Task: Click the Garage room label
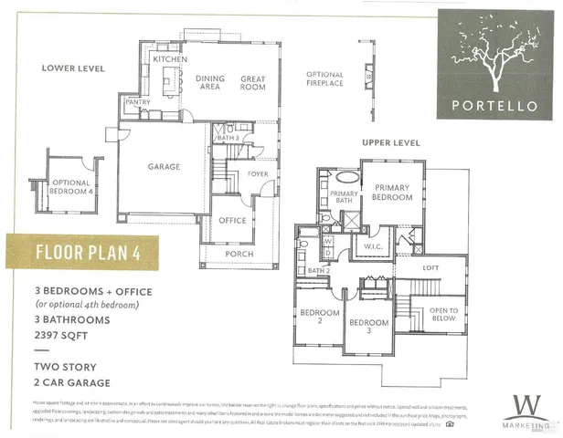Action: (x=164, y=167)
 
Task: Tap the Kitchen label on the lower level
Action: (x=170, y=59)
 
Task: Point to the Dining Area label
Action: (x=210, y=84)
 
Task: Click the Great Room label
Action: (x=253, y=84)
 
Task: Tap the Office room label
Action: (x=232, y=220)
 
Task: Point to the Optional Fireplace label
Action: (x=324, y=79)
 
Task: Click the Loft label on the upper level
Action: (x=430, y=267)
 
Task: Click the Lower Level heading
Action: (x=73, y=68)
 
